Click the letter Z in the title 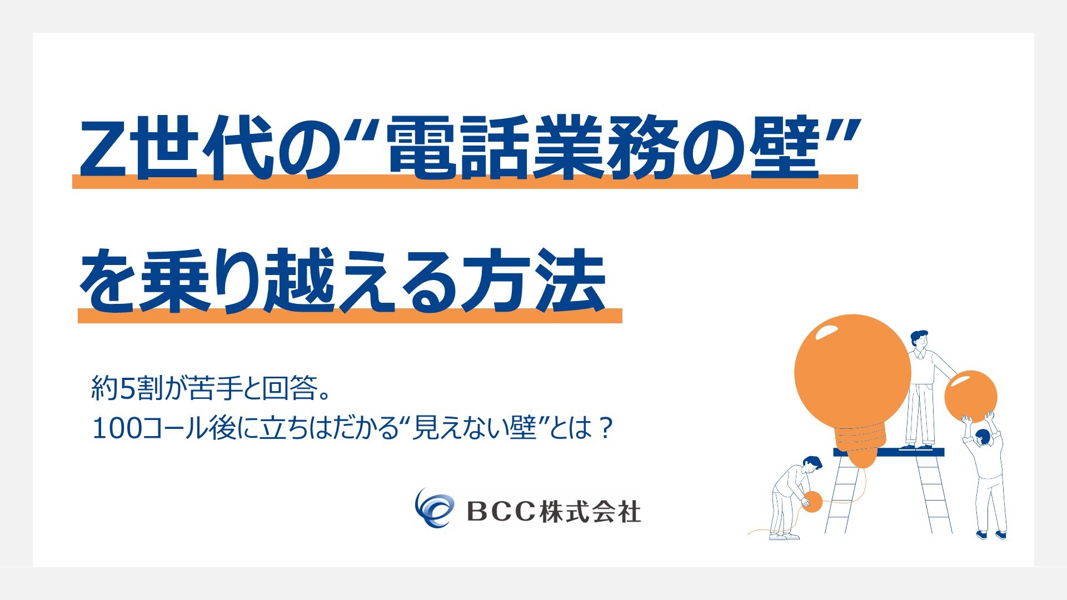(107, 147)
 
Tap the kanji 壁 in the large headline (785, 147)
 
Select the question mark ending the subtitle (607, 428)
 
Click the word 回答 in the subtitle (290, 388)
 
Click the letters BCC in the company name (501, 512)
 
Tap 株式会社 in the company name (590, 511)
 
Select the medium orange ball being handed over (970, 397)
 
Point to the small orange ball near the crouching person (812, 502)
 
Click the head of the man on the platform (918, 339)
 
